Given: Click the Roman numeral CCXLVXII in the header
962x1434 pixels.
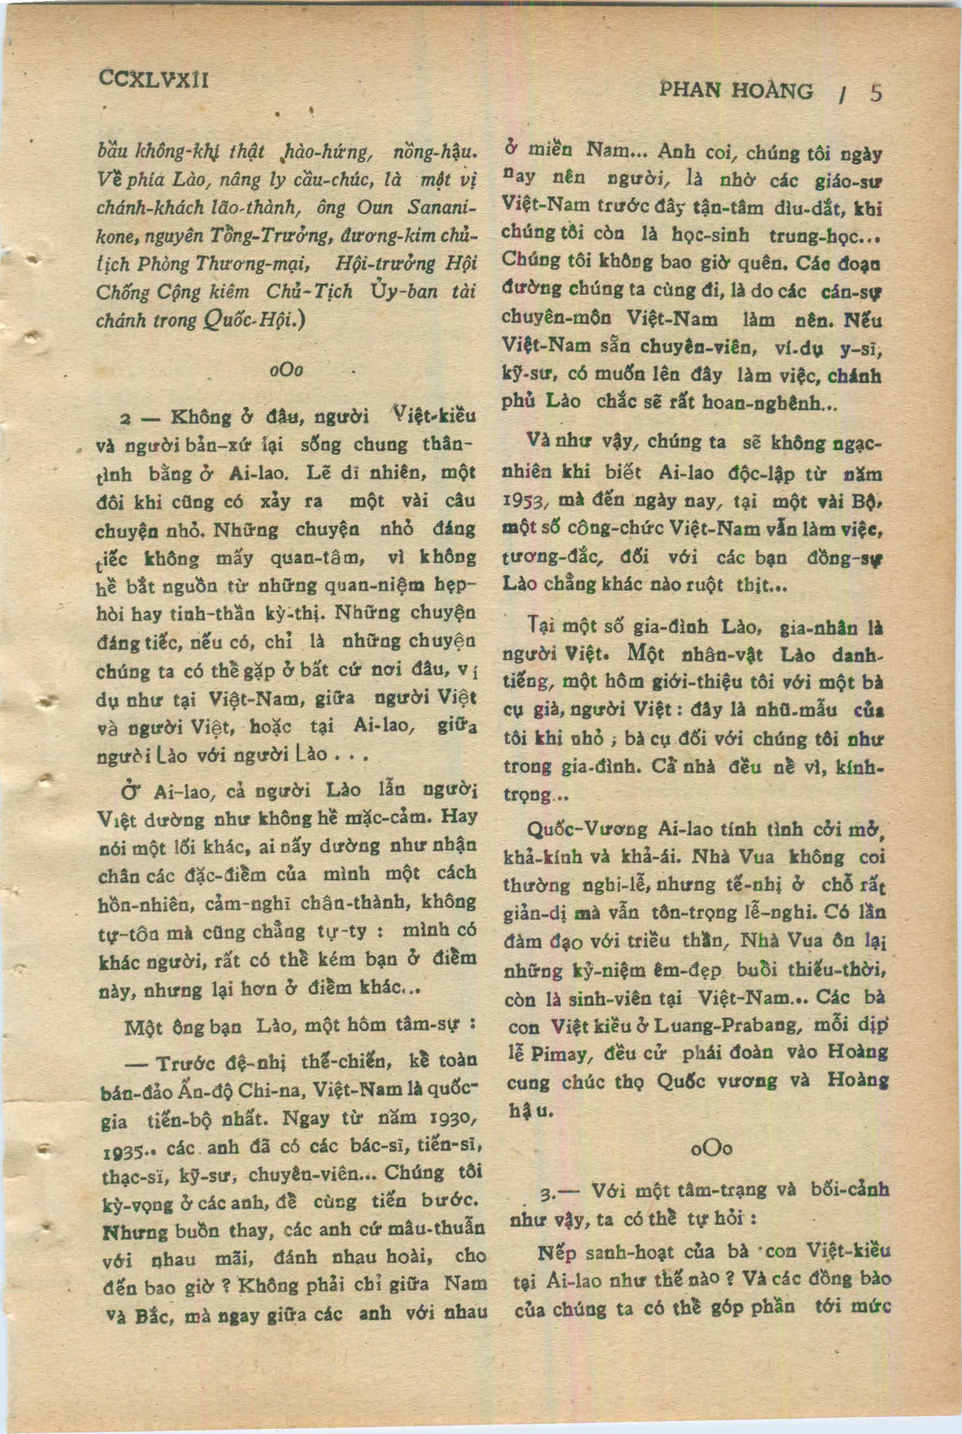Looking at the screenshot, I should (x=153, y=79).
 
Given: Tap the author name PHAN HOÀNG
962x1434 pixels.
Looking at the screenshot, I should (x=736, y=91).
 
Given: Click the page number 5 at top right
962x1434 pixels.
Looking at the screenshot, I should (x=876, y=93).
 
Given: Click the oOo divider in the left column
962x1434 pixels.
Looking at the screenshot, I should (x=286, y=370).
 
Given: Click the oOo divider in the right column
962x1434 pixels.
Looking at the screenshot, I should (x=711, y=1148).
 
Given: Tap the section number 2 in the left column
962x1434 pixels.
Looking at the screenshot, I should (x=125, y=419).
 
